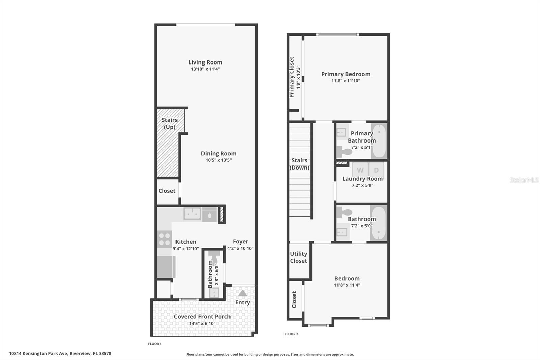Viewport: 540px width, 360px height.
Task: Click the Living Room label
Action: click(205, 62)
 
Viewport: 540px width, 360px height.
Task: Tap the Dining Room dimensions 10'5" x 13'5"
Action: click(219, 160)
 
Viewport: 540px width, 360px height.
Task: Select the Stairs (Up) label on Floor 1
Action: click(169, 123)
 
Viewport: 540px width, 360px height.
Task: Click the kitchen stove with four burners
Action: click(164, 239)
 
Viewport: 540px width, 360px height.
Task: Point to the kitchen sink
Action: click(192, 214)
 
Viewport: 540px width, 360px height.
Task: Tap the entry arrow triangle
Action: click(242, 293)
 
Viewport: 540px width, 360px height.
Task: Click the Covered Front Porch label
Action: click(202, 316)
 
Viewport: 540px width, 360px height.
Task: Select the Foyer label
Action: click(240, 242)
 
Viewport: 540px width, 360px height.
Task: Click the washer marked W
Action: click(360, 170)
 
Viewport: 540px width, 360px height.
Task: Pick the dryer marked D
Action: click(376, 170)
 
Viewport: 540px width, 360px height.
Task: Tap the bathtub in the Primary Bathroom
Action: click(379, 141)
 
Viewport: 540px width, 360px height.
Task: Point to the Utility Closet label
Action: click(298, 257)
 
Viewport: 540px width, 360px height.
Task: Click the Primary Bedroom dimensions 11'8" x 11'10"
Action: click(346, 81)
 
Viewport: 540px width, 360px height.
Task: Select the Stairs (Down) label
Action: click(299, 164)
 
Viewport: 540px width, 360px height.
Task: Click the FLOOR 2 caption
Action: click(291, 334)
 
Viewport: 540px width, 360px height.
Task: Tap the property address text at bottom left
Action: click(60, 354)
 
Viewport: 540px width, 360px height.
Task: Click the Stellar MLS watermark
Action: click(524, 180)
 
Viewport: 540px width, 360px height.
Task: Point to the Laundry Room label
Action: click(362, 179)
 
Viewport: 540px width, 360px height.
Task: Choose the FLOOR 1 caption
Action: click(155, 344)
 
